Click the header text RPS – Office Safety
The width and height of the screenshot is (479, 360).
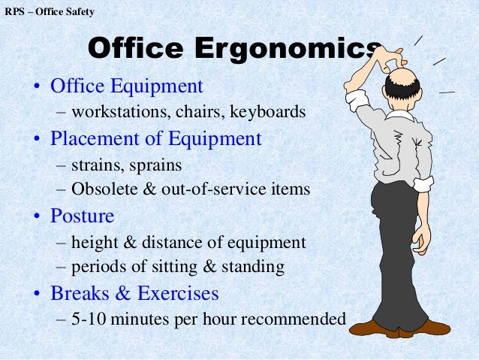coord(50,12)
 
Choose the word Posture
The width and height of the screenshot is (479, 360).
coord(82,216)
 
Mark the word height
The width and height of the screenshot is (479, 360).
coord(95,242)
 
